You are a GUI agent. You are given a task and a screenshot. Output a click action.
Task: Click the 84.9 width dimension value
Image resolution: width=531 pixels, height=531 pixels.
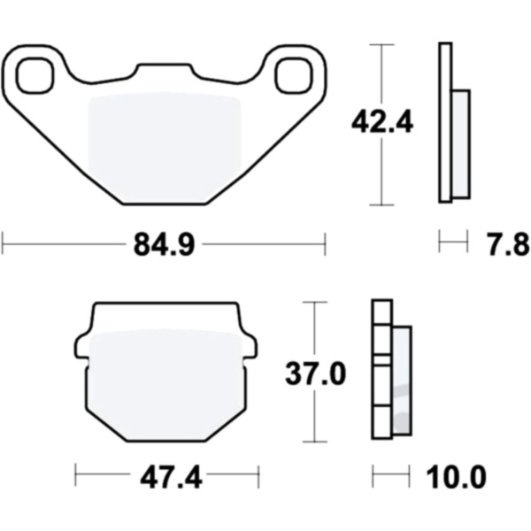click(x=165, y=244)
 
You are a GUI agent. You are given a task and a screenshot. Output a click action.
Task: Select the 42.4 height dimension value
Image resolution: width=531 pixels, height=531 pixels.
click(x=382, y=122)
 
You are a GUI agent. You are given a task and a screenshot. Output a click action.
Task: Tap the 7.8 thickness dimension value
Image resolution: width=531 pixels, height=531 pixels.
click(x=508, y=244)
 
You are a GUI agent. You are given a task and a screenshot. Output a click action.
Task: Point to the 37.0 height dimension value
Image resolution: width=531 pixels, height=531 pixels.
click(x=315, y=373)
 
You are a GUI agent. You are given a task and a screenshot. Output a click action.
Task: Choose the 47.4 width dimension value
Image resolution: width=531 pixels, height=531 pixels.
click(x=171, y=478)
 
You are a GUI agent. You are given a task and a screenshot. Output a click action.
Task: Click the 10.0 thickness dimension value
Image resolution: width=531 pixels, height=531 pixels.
click(x=456, y=478)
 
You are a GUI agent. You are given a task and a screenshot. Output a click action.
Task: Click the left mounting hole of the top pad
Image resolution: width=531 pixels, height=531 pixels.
click(x=35, y=75)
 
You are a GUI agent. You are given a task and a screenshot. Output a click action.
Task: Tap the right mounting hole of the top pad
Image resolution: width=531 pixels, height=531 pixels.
click(x=293, y=75)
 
